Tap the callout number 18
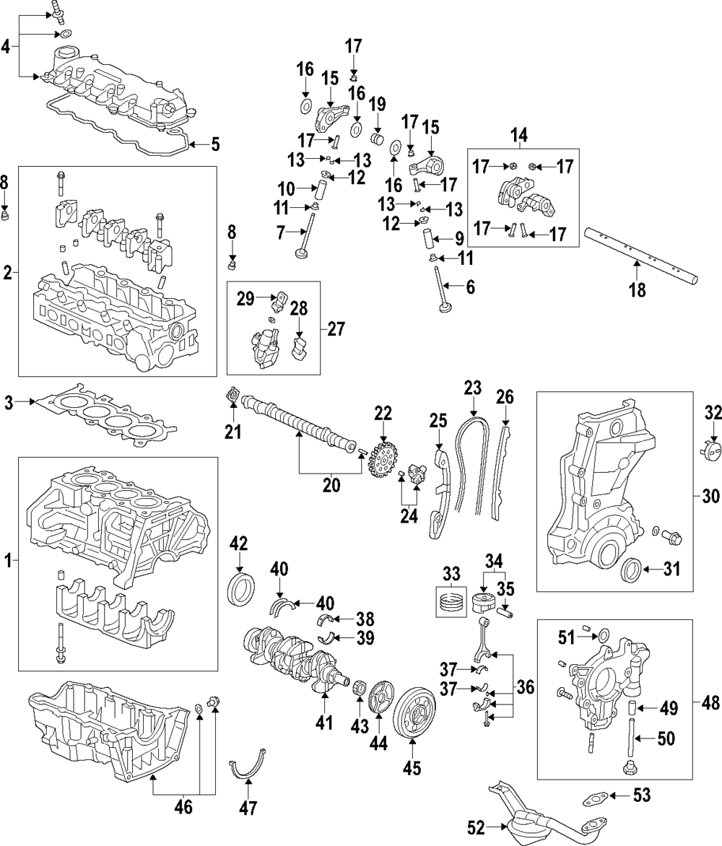pyautogui.click(x=637, y=290)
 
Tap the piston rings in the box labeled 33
pyautogui.click(x=451, y=599)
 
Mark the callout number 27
pyautogui.click(x=336, y=329)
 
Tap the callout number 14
pyautogui.click(x=518, y=134)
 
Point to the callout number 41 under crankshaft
pyautogui.click(x=325, y=721)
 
